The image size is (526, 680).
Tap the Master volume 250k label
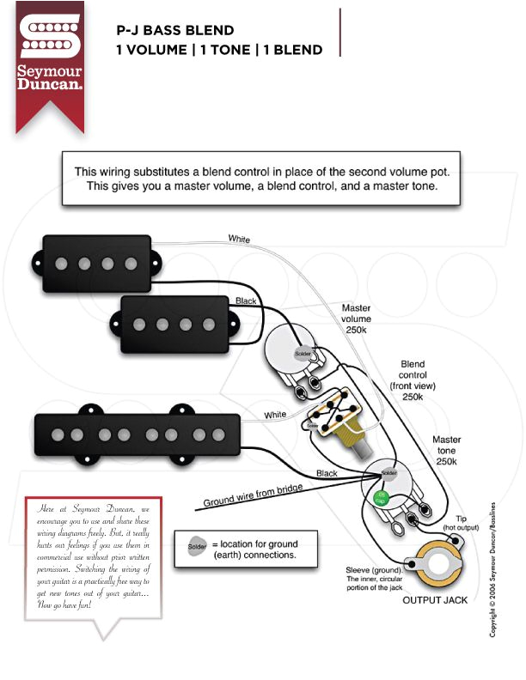coord(356,319)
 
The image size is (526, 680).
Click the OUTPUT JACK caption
coord(435,600)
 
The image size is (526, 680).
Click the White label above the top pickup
coord(239,239)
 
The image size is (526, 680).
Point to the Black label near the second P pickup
coord(247,301)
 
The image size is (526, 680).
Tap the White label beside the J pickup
coord(275,415)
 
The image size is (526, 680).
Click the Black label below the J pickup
coord(327,473)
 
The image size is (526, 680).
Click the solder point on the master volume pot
coord(303,354)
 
